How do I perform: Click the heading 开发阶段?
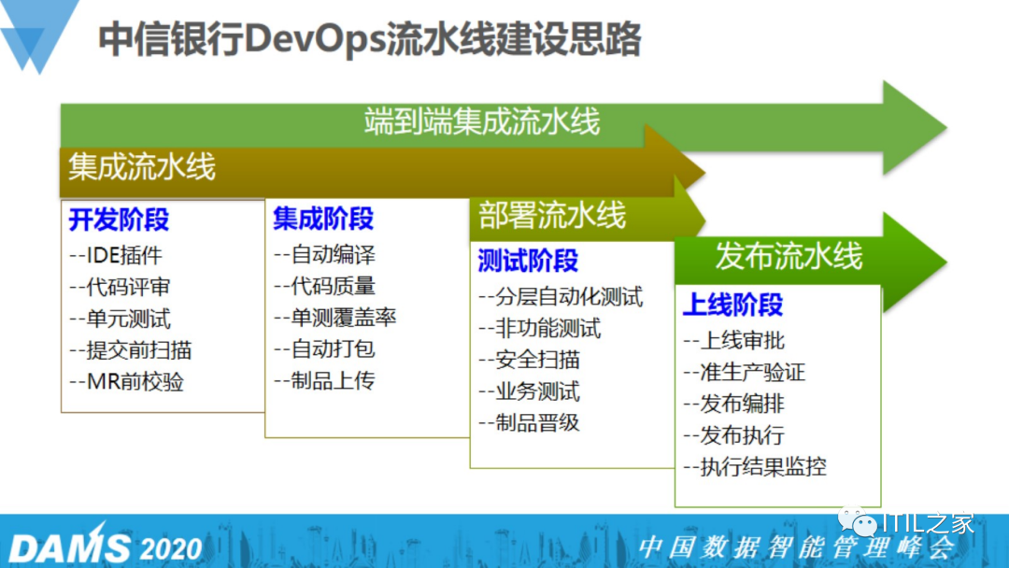(119, 220)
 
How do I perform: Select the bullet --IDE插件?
(115, 255)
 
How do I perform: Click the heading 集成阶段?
(323, 220)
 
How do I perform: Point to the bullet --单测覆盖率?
(335, 318)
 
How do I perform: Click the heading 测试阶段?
(528, 261)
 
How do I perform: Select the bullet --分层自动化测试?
(561, 297)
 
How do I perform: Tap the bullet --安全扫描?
(529, 360)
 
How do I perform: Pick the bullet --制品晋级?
(529, 422)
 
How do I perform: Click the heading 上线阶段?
(732, 305)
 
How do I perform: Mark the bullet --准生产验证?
(744, 373)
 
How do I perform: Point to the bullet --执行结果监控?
(755, 466)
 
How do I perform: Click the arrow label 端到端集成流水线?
(481, 121)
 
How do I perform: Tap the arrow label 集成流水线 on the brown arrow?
(141, 167)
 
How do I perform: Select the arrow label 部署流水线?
(552, 216)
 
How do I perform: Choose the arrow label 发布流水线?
(789, 255)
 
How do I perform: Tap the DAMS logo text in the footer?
(69, 547)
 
